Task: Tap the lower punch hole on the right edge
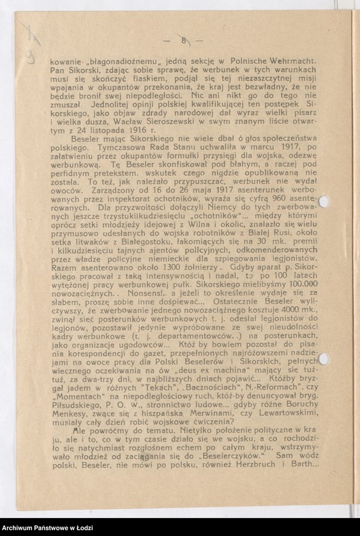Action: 325,359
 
